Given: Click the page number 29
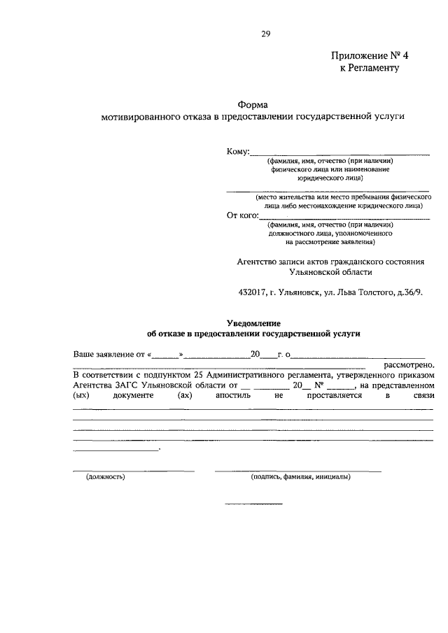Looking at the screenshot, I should coord(265,34).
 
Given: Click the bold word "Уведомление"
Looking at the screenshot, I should coord(253,322).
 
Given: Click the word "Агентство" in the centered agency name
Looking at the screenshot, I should coord(258,261).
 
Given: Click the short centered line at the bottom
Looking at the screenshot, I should coord(253,504).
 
